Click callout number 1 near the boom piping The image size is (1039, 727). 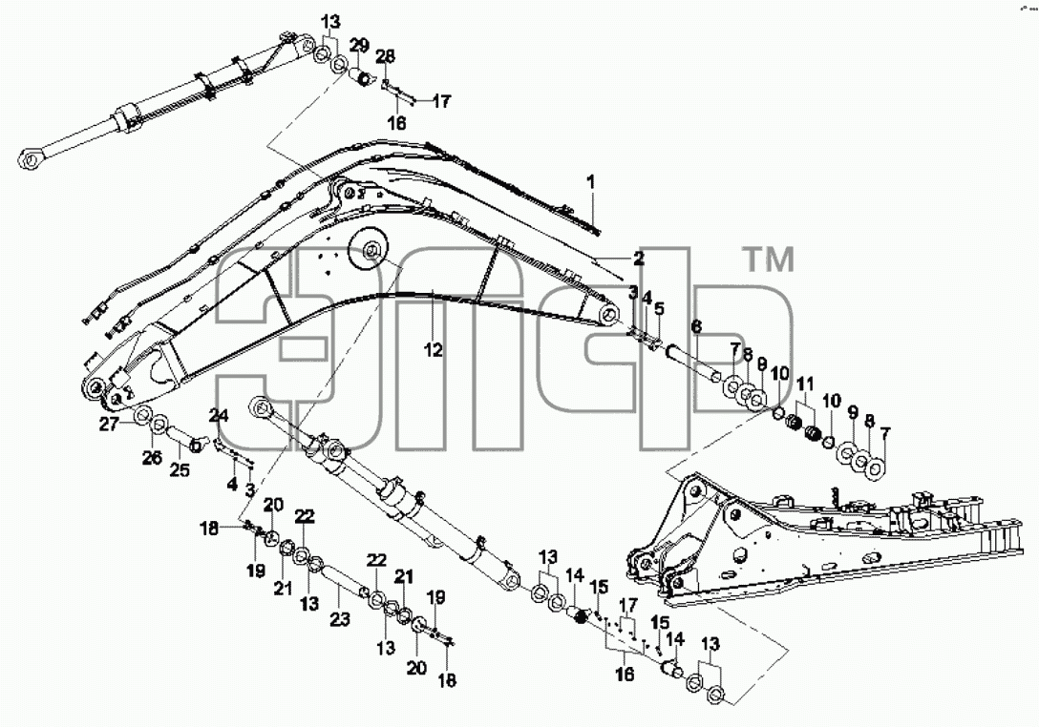[591, 180]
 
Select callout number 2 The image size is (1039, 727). [638, 259]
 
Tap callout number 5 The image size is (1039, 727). [659, 308]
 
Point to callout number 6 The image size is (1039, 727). [696, 326]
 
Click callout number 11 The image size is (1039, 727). [804, 384]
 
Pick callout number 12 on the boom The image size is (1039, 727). [434, 349]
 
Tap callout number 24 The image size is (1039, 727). [219, 416]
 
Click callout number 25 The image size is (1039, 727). [180, 470]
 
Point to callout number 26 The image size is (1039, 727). [152, 457]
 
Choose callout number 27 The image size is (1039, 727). [110, 425]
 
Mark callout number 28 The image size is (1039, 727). [385, 56]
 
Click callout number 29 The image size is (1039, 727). [359, 46]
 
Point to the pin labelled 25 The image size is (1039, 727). [181, 438]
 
